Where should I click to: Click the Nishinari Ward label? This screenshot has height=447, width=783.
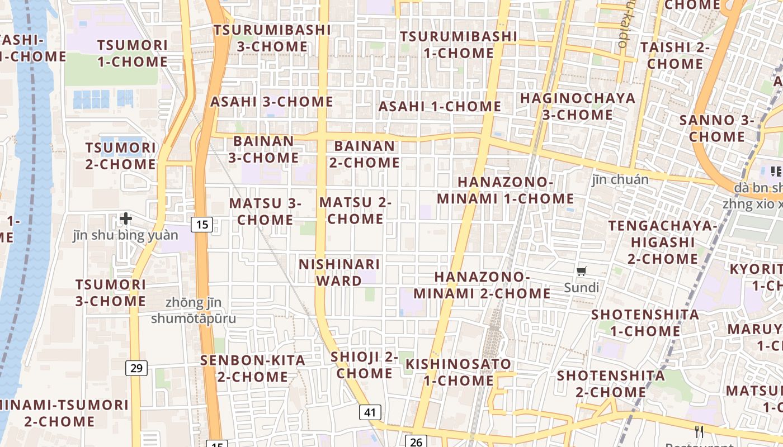pyautogui.click(x=339, y=272)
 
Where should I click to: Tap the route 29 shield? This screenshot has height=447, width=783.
pyautogui.click(x=137, y=368)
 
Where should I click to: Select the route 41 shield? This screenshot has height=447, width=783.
pyautogui.click(x=370, y=413)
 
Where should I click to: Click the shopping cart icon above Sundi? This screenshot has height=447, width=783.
pyautogui.click(x=582, y=272)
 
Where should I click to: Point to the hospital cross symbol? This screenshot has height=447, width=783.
pyautogui.click(x=126, y=218)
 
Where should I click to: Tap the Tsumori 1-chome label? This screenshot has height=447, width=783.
pyautogui.click(x=133, y=53)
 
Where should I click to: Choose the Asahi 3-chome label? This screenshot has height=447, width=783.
pyautogui.click(x=272, y=102)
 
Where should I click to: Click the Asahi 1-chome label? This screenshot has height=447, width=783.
pyautogui.click(x=440, y=106)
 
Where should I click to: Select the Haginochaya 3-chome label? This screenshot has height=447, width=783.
pyautogui.click(x=578, y=106)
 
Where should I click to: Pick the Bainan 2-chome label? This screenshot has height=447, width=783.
pyautogui.click(x=364, y=154)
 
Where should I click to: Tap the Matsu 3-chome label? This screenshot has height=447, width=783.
pyautogui.click(x=265, y=211)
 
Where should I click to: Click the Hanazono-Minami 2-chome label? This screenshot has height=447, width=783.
pyautogui.click(x=482, y=285)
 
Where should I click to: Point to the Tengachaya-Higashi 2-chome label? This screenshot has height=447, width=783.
pyautogui.click(x=662, y=242)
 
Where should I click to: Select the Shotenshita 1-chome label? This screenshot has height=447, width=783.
pyautogui.click(x=645, y=322)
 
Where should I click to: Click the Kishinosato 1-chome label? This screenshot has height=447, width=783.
pyautogui.click(x=458, y=372)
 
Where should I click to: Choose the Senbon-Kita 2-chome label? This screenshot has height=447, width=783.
pyautogui.click(x=253, y=368)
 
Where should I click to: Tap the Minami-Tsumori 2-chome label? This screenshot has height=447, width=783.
pyautogui.click(x=63, y=412)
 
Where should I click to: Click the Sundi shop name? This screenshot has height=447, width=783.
pyautogui.click(x=581, y=288)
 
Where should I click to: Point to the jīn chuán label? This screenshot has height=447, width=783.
pyautogui.click(x=620, y=179)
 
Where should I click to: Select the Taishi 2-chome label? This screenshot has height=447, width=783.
pyautogui.click(x=675, y=55)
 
